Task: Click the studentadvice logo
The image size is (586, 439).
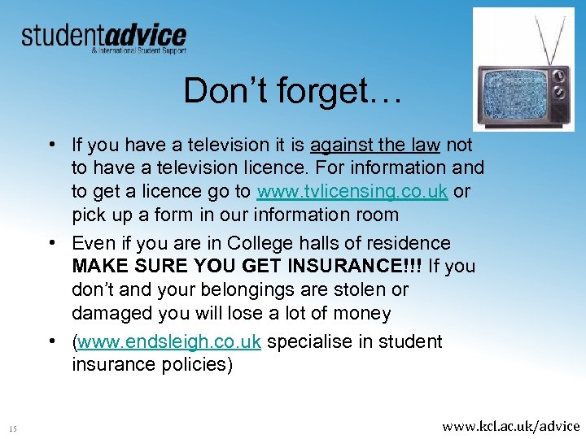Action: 103,37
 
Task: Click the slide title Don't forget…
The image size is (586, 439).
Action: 292,90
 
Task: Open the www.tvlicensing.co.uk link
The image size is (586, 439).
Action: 352,192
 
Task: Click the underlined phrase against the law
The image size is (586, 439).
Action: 374,145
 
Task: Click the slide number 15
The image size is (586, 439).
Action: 13,428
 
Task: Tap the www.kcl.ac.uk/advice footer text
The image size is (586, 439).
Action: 510,425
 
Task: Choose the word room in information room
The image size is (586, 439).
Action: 375,215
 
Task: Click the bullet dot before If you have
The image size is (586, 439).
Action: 51,145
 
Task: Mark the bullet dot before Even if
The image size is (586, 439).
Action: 51,243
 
